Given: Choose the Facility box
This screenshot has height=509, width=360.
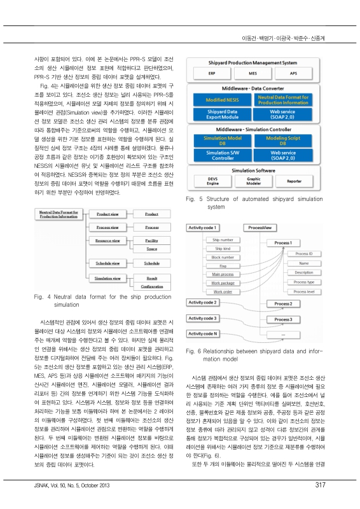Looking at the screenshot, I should (152, 242).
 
